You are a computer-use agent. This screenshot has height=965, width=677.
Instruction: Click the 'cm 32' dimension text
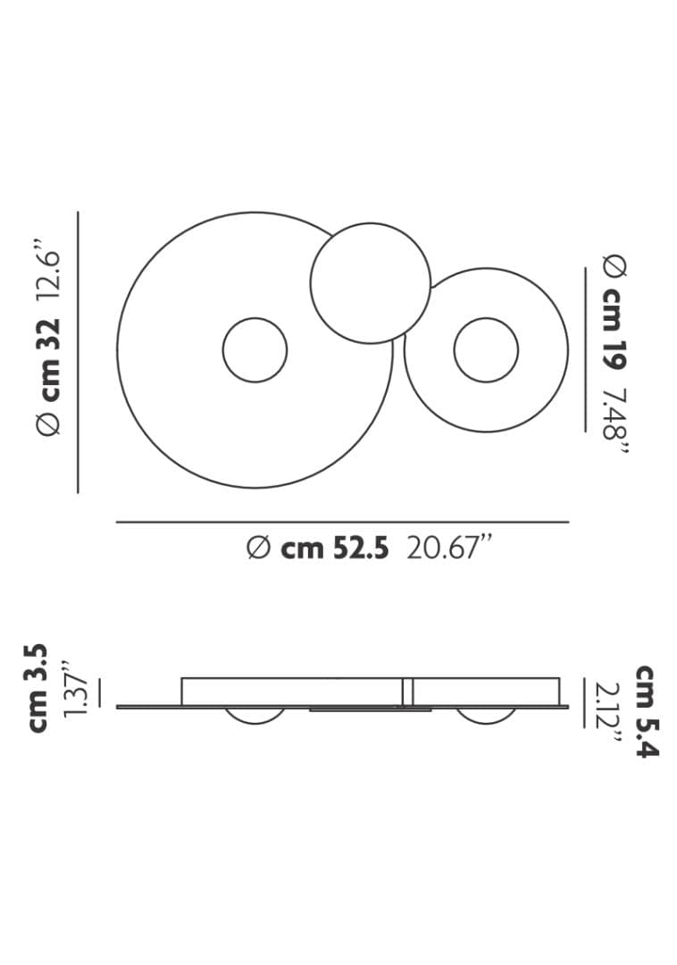[48, 359]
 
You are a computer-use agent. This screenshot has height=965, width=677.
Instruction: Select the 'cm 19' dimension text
[614, 329]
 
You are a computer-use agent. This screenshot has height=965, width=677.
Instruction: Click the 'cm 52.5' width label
[335, 548]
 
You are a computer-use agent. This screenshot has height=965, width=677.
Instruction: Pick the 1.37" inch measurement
[76, 689]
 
